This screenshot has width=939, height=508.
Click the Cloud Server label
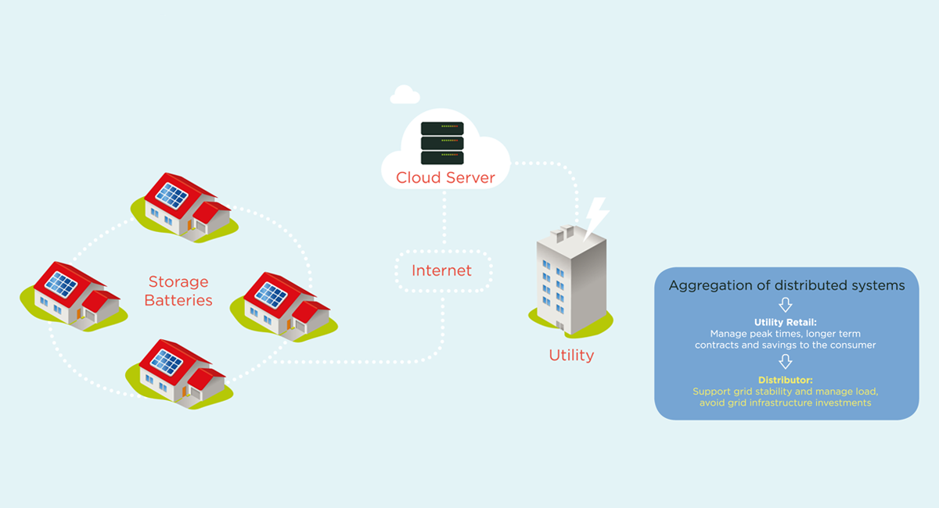[x=445, y=177]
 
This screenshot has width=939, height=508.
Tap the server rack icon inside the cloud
[x=442, y=143]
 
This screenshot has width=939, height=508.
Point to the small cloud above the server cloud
[x=405, y=95]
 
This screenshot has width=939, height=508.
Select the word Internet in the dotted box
[x=442, y=270]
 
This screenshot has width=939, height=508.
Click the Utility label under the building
[x=571, y=355]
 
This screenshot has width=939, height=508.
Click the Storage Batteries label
[x=178, y=290]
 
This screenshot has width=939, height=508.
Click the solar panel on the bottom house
[x=166, y=361]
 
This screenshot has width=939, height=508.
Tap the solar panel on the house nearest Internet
[x=272, y=295]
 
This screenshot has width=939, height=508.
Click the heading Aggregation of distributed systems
[x=786, y=285]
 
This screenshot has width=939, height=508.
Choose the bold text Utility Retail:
[x=786, y=323]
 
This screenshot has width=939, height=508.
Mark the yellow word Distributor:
[x=786, y=380]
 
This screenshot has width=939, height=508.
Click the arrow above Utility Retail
[x=786, y=305]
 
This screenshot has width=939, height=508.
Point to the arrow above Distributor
[x=786, y=362]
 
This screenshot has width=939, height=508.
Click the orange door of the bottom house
[x=185, y=391]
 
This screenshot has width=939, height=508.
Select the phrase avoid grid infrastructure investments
[x=786, y=402]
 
